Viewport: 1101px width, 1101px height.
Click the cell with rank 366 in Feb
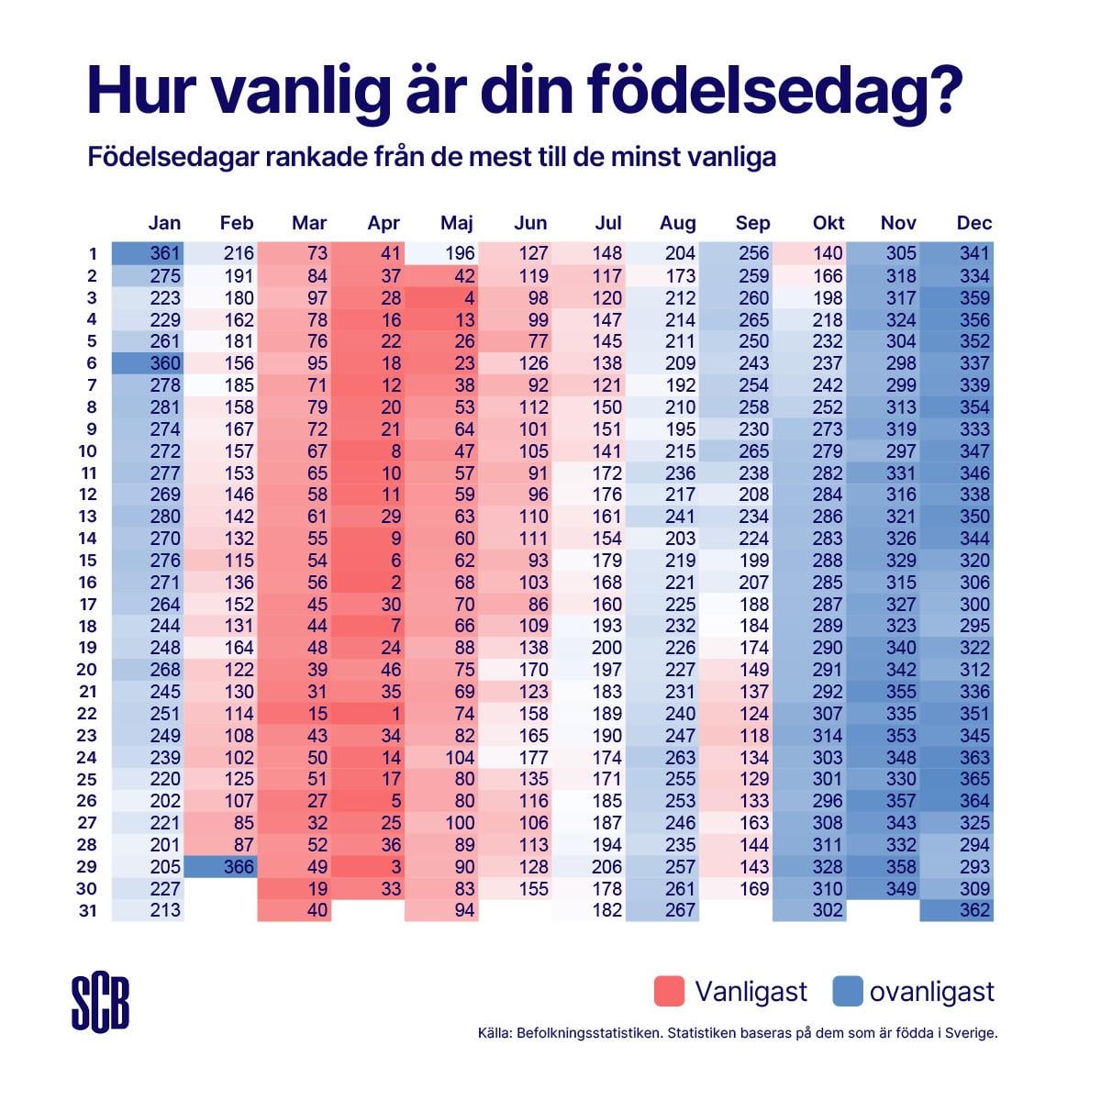[x=221, y=867]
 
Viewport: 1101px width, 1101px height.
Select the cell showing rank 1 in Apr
[x=368, y=714]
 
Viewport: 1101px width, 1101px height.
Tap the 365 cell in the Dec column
[x=957, y=779]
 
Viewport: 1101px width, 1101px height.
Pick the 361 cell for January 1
[x=148, y=253]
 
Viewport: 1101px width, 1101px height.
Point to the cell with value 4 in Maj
[x=441, y=297]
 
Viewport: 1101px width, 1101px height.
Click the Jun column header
[x=530, y=223]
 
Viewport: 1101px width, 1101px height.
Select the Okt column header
[x=829, y=223]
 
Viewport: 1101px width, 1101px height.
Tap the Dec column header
[x=974, y=223]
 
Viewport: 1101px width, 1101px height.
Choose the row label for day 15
[x=91, y=561]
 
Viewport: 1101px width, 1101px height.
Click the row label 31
[x=91, y=911]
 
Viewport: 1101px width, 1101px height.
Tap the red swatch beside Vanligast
[x=670, y=992]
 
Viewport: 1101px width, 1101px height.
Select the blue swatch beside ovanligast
[x=848, y=992]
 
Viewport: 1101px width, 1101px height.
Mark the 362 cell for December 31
[x=957, y=910]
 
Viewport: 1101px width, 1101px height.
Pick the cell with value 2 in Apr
[x=368, y=583]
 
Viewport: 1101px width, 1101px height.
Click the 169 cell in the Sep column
[x=736, y=888]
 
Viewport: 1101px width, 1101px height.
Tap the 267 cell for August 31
[x=662, y=910]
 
